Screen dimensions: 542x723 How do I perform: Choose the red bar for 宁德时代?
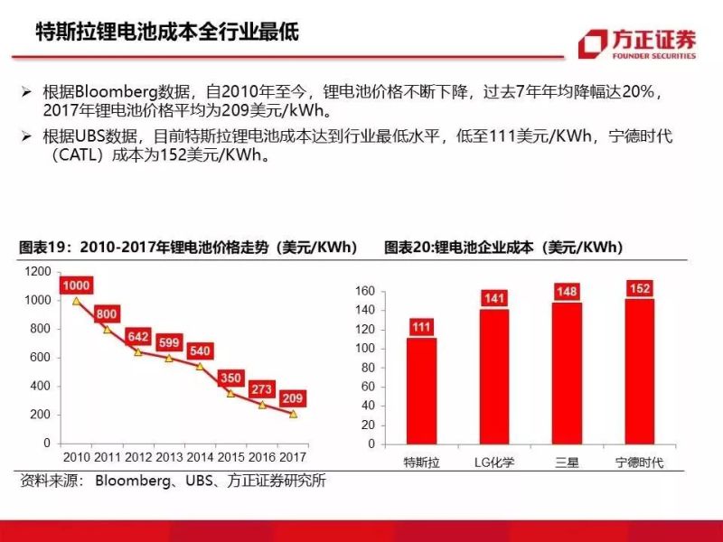tap(639, 374)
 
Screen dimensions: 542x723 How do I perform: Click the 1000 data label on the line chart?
tap(76, 285)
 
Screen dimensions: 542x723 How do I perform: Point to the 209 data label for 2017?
tap(292, 397)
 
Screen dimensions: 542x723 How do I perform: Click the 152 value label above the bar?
tap(639, 288)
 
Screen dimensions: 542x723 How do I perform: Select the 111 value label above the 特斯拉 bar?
tap(421, 327)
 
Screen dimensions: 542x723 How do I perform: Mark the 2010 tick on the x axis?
tap(76, 457)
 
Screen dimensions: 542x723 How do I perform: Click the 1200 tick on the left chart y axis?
tap(38, 271)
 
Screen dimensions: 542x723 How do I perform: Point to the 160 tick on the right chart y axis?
tap(364, 291)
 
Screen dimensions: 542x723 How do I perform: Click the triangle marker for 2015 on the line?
tap(230, 393)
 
